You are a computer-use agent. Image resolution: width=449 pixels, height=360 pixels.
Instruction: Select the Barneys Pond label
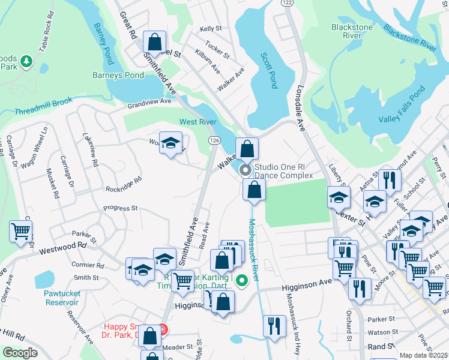118,75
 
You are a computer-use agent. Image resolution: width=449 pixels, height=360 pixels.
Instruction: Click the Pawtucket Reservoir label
61,298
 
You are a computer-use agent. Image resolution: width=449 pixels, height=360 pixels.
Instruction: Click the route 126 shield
214,139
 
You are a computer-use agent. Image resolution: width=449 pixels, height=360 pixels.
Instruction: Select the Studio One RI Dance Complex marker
246,170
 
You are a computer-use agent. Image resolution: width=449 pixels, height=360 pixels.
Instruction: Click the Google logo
20,353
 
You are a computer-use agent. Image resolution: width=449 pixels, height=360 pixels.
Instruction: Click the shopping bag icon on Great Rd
154,42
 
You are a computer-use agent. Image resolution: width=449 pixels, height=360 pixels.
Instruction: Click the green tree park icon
26,61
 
